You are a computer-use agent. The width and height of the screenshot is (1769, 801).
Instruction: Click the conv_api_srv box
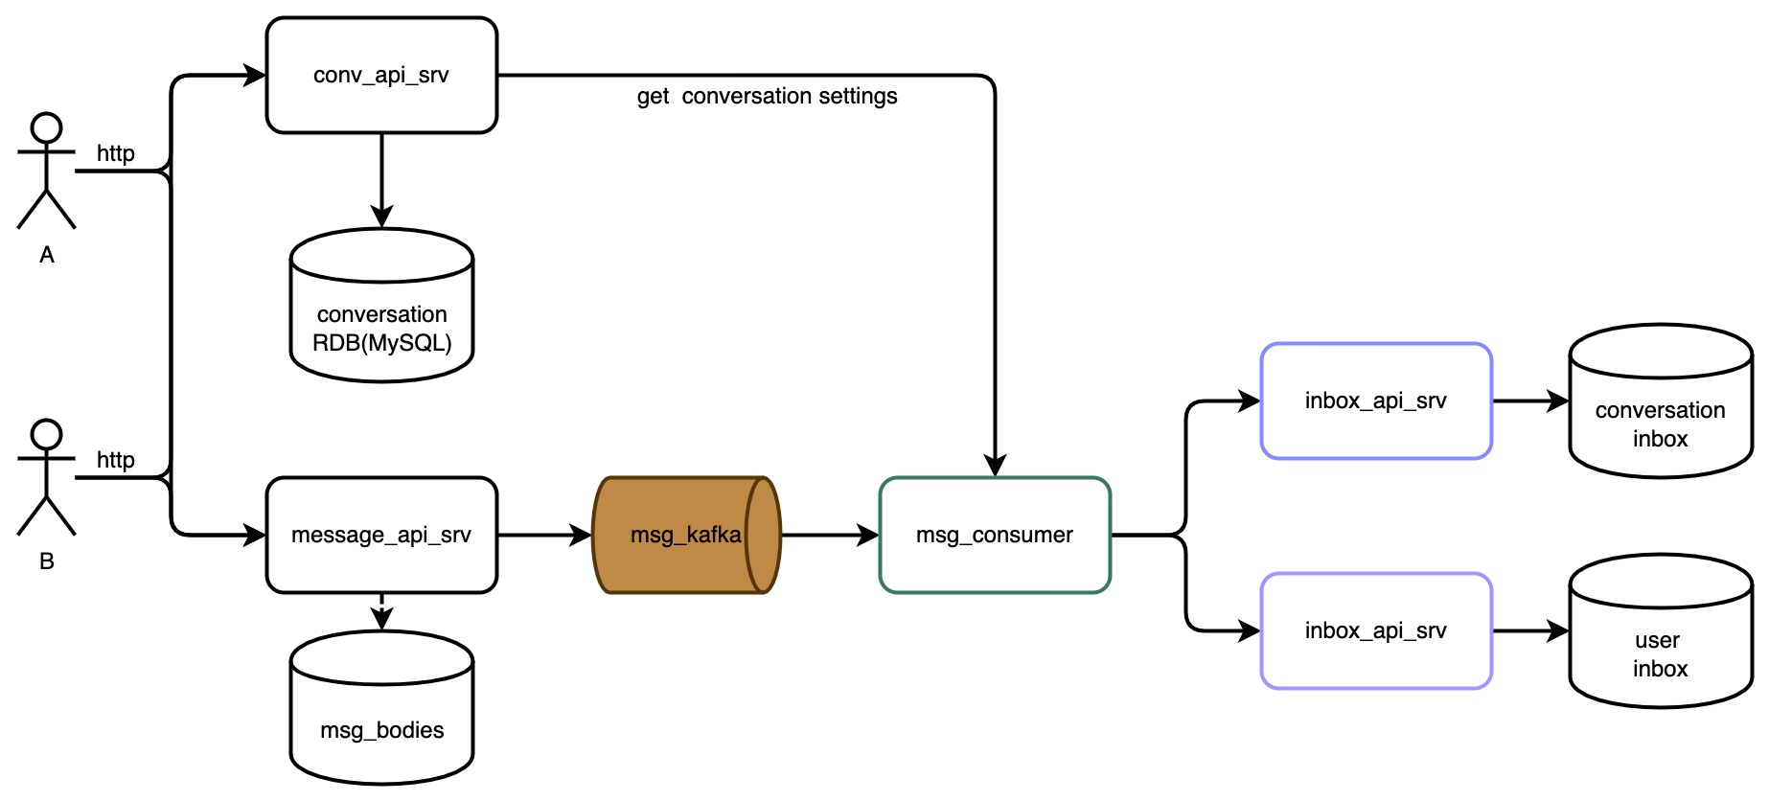[381, 75]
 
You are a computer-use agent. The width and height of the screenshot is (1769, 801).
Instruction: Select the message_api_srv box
[381, 535]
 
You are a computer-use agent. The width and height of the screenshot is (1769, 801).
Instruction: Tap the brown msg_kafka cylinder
[686, 535]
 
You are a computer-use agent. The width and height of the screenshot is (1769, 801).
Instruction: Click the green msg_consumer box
[995, 535]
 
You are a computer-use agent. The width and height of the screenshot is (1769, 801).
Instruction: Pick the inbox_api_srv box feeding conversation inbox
[1376, 400]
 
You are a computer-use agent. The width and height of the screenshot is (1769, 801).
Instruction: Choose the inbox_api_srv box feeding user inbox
[1376, 630]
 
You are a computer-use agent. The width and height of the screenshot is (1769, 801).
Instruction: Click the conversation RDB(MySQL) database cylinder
[381, 305]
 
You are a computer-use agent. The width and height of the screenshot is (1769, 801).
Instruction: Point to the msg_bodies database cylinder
[381, 707]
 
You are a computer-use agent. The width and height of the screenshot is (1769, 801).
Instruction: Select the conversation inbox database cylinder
[1661, 400]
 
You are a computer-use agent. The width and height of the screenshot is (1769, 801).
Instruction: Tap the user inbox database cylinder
[1661, 630]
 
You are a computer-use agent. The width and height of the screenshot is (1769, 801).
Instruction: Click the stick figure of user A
[46, 171]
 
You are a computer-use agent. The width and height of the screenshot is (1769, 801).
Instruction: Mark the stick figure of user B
[46, 477]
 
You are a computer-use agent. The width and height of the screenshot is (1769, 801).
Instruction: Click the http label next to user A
[116, 153]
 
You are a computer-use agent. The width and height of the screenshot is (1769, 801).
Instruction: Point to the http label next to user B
[116, 460]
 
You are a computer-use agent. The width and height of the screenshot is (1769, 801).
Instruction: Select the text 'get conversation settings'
[768, 96]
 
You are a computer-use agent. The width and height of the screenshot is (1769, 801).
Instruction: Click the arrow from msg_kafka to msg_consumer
[831, 535]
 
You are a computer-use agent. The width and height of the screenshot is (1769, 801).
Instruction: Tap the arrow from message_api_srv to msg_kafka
[545, 535]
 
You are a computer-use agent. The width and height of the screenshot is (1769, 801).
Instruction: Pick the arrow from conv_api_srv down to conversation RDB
[381, 181]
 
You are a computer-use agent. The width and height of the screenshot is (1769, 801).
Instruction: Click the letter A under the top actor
[47, 255]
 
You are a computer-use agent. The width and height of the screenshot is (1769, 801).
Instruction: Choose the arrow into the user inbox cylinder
[1531, 630]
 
